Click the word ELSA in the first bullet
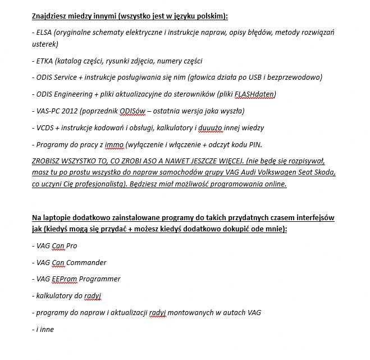pyautogui.click(x=45, y=33)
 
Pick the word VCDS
pyautogui.click(x=45, y=127)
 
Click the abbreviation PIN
pyautogui.click(x=254, y=144)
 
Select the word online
pyautogui.click(x=274, y=184)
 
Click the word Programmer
pyautogui.click(x=100, y=279)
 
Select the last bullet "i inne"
pyautogui.click(x=44, y=329)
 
